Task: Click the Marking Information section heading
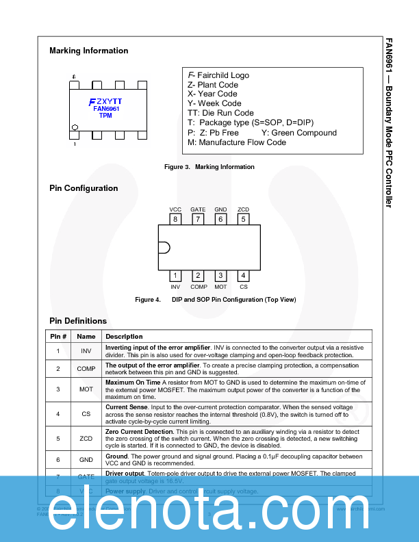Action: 88,51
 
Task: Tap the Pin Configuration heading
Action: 84,188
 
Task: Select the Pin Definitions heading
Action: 78,321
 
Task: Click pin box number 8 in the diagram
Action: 176,219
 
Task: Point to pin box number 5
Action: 243,219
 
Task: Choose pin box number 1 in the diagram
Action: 176,276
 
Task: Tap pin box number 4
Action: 243,276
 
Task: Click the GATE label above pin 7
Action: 198,209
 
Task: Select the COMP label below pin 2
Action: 199,287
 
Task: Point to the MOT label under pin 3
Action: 220,287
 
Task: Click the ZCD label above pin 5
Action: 243,209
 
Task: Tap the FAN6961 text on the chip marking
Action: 106,109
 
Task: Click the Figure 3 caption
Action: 209,167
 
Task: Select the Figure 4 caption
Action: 216,300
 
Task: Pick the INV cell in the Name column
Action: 86,351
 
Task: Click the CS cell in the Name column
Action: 86,413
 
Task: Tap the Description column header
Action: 124,336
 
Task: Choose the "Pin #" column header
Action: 58,336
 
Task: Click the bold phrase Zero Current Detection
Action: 139,432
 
